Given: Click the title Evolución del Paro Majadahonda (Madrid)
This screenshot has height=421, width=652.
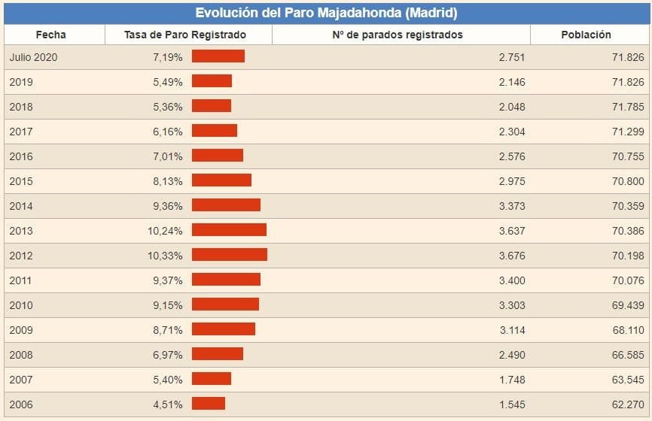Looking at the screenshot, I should [326, 13].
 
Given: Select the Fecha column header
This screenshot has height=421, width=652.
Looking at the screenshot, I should [50, 35].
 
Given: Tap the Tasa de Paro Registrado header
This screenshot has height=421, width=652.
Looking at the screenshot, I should [185, 35].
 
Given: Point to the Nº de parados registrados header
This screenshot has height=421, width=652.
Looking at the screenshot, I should [397, 35].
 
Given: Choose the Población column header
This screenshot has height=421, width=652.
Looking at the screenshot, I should [586, 35].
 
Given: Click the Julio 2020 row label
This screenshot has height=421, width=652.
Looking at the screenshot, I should [34, 57].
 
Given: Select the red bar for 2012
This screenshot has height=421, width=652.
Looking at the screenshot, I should [230, 255].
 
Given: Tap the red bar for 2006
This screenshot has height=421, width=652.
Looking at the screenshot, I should [209, 404].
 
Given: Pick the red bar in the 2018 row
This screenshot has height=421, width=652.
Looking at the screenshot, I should [212, 106].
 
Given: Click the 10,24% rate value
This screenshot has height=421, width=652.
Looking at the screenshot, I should [165, 230].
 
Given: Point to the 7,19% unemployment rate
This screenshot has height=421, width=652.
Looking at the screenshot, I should [168, 57].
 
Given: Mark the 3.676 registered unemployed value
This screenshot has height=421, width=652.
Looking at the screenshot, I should [512, 255].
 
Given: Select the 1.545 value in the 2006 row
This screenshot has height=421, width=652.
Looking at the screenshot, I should [512, 404].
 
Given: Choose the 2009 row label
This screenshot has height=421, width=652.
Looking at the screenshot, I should [21, 329].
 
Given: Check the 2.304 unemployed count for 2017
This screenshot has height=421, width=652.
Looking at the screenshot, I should [512, 131].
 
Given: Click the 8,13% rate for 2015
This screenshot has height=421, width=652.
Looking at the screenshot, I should [168, 180].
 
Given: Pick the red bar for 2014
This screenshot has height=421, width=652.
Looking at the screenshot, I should [226, 205].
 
